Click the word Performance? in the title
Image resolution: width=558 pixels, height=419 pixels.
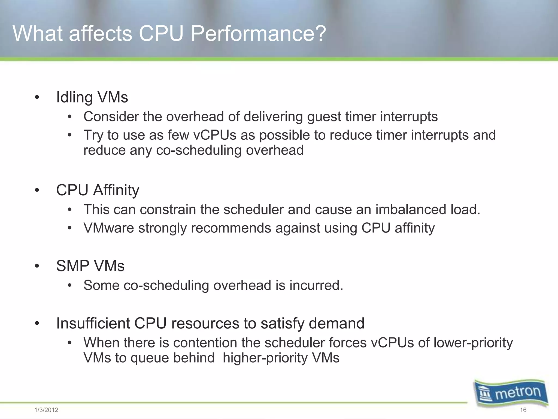pos(258,34)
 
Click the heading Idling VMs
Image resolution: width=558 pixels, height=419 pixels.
pos(92,97)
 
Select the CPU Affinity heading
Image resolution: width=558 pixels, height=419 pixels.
pos(98,190)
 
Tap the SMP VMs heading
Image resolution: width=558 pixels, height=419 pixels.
pos(90,266)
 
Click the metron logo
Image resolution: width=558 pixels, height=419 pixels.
pos(511,393)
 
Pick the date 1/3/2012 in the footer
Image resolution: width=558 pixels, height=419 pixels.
pos(46,410)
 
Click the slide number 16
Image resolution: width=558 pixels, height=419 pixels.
pos(523,410)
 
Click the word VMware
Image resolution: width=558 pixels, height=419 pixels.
pos(109,228)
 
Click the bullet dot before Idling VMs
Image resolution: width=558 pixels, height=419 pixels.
pos(37,97)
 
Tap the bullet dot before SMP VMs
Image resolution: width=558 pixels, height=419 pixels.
pos(37,266)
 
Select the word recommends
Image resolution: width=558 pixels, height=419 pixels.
pos(231,228)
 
